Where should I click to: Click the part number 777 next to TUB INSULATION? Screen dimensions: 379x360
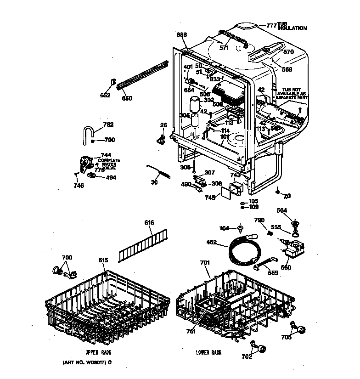click(271, 26)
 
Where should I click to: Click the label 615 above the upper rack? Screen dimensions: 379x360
click(103, 260)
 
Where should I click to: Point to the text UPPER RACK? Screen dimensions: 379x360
click(98, 352)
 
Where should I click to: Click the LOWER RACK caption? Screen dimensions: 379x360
click(208, 352)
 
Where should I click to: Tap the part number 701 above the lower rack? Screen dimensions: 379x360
click(205, 263)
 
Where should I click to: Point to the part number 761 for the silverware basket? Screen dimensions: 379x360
click(191, 331)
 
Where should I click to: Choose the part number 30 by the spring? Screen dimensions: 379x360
click(154, 182)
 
